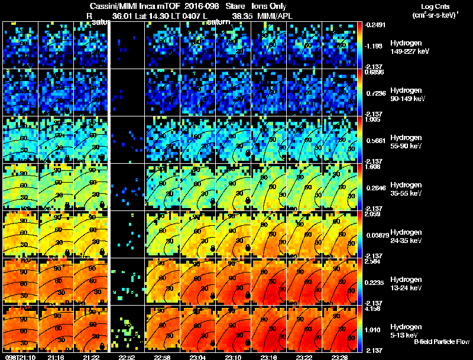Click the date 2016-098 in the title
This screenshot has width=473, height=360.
199,7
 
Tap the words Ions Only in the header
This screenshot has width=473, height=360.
270,7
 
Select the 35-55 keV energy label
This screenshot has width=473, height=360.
406,193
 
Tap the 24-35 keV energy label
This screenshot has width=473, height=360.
406,241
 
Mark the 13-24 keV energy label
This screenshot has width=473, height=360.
406,288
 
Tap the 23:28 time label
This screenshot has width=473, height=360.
339,357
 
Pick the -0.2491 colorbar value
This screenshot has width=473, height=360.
374,25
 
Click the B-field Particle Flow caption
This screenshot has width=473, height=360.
441,342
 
